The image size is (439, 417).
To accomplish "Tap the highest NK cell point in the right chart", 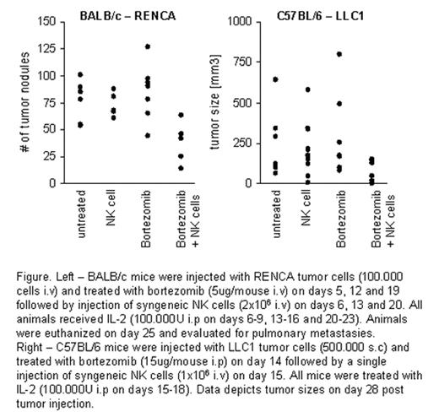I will (x=307, y=89).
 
